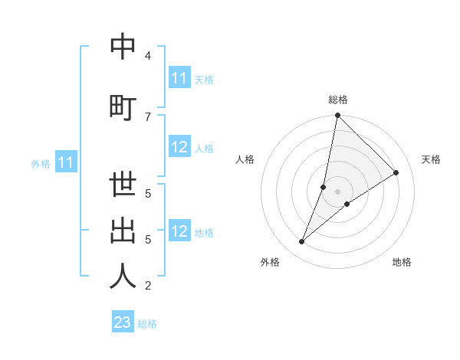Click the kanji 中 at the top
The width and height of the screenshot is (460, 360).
click(123, 48)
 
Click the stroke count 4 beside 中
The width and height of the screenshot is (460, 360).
click(148, 56)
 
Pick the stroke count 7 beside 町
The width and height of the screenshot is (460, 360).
click(148, 116)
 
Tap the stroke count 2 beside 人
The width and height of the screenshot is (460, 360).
click(148, 286)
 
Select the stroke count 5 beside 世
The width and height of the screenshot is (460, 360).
click(148, 193)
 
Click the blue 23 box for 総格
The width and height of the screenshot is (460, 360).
click(123, 322)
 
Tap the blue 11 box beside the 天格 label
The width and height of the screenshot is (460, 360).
click(179, 78)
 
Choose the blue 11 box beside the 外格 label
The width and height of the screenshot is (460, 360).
click(66, 162)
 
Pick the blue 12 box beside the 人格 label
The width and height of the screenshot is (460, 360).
click(179, 148)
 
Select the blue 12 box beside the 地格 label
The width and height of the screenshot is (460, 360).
click(179, 232)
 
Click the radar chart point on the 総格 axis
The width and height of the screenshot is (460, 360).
click(337, 116)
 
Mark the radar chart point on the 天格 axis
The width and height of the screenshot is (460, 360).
click(396, 173)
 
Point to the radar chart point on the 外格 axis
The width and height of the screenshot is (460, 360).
click(302, 242)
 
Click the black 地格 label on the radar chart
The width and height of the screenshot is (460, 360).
click(402, 262)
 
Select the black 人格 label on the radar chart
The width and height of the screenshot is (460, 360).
click(245, 159)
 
